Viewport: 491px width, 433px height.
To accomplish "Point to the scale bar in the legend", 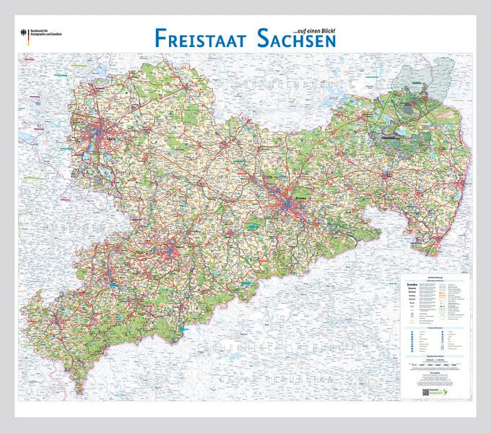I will click(x=433, y=366).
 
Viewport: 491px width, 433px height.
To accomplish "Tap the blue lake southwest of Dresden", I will click(x=253, y=226).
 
